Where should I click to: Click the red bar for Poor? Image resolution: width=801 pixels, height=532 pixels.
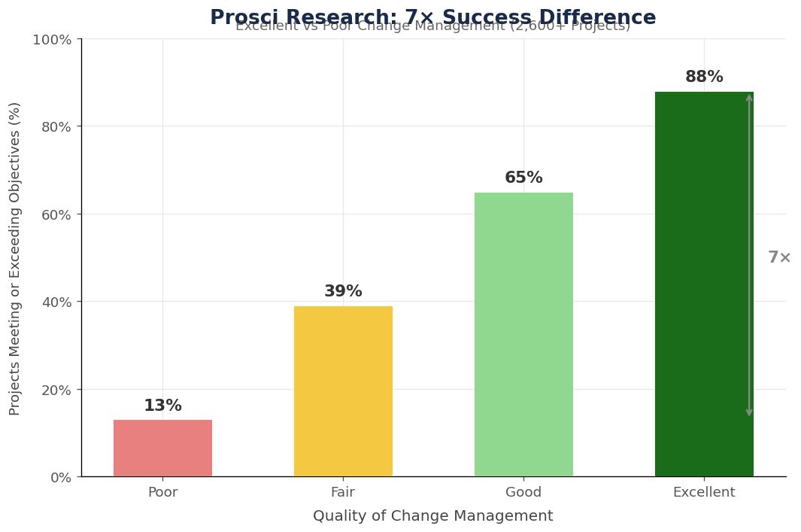(x=162, y=448)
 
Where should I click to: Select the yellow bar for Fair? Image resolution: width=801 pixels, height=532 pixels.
(x=343, y=391)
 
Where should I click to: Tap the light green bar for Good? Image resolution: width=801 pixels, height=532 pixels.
(x=523, y=335)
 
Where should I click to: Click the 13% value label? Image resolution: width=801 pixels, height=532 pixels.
(x=162, y=406)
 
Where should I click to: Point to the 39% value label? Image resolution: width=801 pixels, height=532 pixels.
(x=343, y=291)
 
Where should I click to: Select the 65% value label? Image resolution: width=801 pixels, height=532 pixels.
(x=523, y=178)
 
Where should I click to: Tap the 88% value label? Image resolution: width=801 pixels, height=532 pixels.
(x=704, y=77)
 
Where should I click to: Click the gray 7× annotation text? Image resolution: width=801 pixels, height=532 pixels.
(x=779, y=257)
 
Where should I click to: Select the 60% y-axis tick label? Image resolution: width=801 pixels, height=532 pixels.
(x=55, y=214)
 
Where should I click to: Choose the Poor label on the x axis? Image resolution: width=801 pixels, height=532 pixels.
(x=162, y=493)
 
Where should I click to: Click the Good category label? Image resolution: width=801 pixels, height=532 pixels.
(x=523, y=493)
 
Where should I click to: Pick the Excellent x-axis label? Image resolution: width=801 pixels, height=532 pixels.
(x=704, y=493)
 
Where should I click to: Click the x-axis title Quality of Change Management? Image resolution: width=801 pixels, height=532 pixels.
(x=432, y=516)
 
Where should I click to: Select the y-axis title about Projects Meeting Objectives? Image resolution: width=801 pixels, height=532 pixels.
(x=15, y=257)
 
